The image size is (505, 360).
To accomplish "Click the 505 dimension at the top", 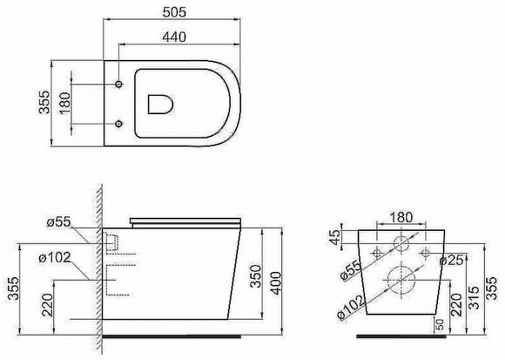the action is pyautogui.click(x=175, y=12).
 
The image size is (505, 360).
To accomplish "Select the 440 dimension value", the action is pyautogui.click(x=175, y=37).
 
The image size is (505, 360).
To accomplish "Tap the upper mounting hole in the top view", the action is pyautogui.click(x=119, y=84).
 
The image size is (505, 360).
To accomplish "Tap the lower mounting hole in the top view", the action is pyautogui.click(x=119, y=123).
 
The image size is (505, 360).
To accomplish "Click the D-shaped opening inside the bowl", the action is pyautogui.click(x=160, y=104).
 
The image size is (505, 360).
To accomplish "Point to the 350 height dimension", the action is pyautogui.click(x=255, y=276).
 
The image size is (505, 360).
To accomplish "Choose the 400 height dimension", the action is pyautogui.click(x=276, y=283).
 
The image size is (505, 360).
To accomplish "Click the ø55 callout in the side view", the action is pyautogui.click(x=58, y=222).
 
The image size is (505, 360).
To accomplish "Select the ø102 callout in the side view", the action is pyautogui.click(x=55, y=258).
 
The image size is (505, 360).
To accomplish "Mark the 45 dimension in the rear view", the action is pyautogui.click(x=335, y=237).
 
